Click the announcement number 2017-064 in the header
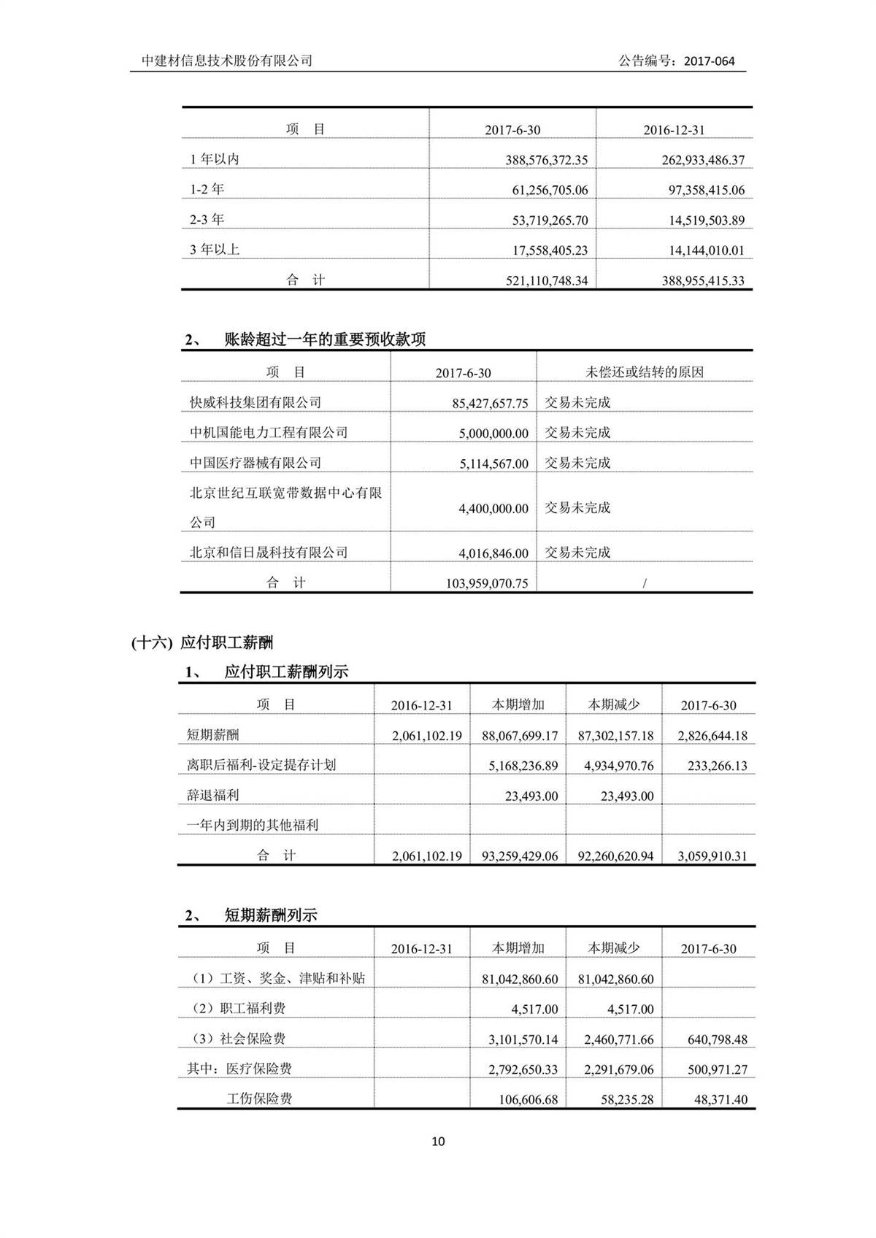click(x=710, y=61)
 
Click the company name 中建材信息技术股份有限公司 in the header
click(x=227, y=61)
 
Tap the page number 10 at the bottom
click(x=438, y=1141)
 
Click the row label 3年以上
click(x=215, y=250)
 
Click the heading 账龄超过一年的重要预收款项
click(x=325, y=339)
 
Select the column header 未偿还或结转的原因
click(x=644, y=372)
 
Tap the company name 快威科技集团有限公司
click(x=255, y=402)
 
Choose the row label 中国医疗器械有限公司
click(x=255, y=463)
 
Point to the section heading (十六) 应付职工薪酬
click(x=202, y=642)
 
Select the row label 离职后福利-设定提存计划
click(x=261, y=765)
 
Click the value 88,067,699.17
click(x=520, y=736)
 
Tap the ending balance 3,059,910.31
click(x=712, y=856)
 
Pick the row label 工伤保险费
click(x=259, y=1099)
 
